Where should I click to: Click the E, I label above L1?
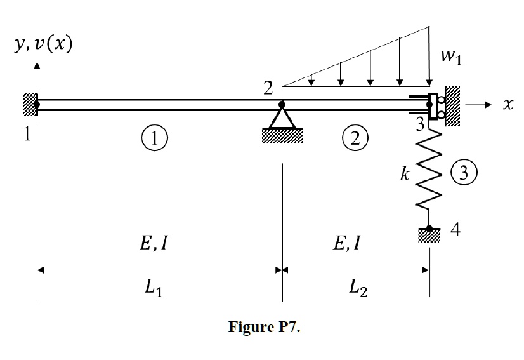point(153,244)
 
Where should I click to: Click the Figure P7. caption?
point(264,329)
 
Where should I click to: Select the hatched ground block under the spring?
point(429,237)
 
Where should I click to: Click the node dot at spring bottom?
point(429,228)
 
